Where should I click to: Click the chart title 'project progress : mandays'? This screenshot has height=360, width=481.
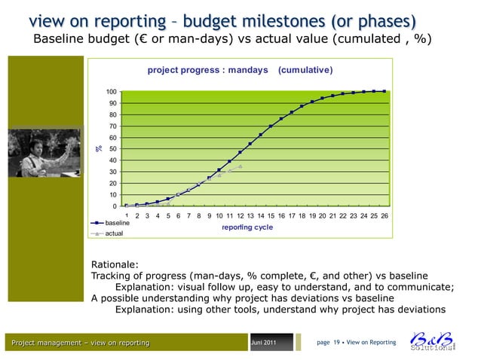tap(207, 70)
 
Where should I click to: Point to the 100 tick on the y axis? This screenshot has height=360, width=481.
tap(110, 92)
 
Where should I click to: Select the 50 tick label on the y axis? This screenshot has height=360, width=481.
tap(112, 149)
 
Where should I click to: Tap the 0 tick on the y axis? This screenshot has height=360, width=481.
tap(114, 206)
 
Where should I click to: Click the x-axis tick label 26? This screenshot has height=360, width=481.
tap(384, 216)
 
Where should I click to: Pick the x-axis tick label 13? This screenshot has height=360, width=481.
tap(250, 216)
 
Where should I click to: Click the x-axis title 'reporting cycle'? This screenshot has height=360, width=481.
tap(247, 227)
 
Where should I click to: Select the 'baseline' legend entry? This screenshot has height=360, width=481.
tap(118, 224)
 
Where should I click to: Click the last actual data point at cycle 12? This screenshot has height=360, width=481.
tap(240, 166)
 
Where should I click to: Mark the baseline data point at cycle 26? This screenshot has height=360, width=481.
tap(384, 91)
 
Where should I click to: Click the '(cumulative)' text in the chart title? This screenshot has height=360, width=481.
tap(305, 70)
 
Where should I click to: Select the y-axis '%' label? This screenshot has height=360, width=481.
tap(97, 149)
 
